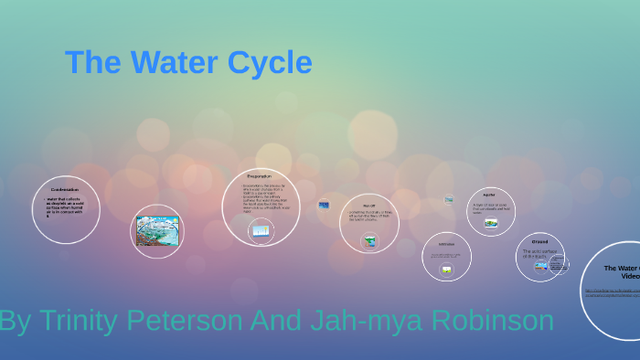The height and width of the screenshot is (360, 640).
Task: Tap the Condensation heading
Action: pos(65,189)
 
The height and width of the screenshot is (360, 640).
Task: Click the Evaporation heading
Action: pos(260,175)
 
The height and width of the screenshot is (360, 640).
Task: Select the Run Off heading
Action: pos(368,206)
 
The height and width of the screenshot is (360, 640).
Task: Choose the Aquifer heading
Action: pos(489,195)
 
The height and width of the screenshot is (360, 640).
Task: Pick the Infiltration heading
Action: pos(446,244)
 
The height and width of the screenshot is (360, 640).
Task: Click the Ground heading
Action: pos(539,241)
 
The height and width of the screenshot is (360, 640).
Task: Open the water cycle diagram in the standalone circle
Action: pos(157,231)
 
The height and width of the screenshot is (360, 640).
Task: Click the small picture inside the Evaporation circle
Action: pos(261,231)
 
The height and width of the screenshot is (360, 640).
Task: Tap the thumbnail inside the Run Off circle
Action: pos(369,240)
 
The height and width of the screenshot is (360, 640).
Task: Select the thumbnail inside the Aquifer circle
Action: pos(491,222)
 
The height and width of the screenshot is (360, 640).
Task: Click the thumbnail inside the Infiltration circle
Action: pos(446,269)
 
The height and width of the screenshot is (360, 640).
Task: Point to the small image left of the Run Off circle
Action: pos(324,205)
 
